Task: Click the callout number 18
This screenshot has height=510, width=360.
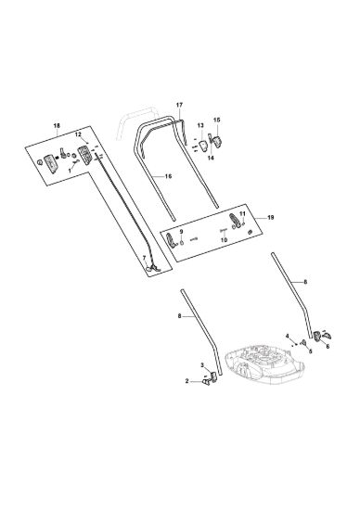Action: coord(57,125)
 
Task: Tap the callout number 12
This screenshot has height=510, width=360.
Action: coord(78,134)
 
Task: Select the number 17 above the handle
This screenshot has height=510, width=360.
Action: coord(179,105)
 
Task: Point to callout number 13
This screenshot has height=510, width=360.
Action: coord(200,125)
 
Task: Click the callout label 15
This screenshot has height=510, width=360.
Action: coord(217,120)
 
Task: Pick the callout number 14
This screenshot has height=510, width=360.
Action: coord(211,158)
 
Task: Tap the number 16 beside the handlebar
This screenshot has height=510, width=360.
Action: coord(168,176)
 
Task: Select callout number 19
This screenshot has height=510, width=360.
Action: coord(271,217)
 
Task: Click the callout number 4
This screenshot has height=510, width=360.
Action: coord(288,336)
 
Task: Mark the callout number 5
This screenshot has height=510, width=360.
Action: coord(310,351)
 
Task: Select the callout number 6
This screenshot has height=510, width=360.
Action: coord(328,347)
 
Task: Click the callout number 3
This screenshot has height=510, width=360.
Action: coord(202,365)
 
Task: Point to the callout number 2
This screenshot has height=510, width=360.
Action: coord(187,381)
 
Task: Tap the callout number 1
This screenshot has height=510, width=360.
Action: coord(70,170)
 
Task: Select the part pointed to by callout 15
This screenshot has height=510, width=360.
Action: coord(217,142)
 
